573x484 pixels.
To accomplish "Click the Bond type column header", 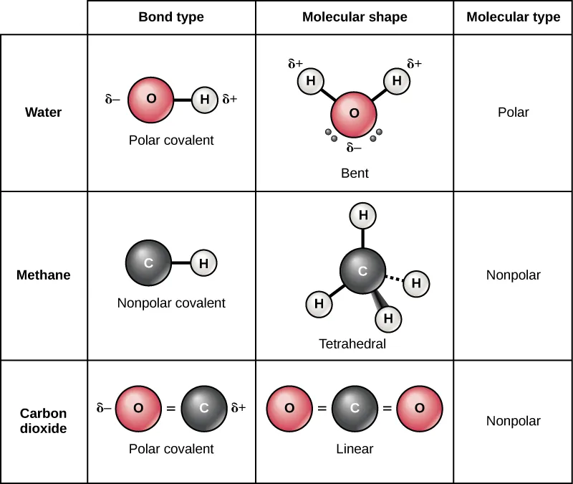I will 171,17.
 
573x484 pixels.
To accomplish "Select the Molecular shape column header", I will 355,17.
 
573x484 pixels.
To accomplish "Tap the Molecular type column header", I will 513,17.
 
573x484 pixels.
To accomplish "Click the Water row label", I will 44,113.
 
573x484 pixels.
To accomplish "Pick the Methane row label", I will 44,275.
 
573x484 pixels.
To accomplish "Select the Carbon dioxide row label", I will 44,421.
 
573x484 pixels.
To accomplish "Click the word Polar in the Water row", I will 513,113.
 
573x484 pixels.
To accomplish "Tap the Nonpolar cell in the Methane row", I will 513,275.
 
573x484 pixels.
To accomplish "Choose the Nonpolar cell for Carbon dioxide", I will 513,421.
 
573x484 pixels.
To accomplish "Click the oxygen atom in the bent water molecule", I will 354,114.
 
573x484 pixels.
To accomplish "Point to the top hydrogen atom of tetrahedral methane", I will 363,215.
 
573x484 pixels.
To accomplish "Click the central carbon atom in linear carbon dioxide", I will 355,409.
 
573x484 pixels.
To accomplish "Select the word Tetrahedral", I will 352,344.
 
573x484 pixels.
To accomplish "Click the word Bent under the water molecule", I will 355,174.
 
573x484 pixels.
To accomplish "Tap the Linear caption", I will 355,450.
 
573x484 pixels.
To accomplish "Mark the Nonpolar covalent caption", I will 171,303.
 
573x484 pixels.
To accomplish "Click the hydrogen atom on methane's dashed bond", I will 415,283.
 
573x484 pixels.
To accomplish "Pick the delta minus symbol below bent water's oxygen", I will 354,148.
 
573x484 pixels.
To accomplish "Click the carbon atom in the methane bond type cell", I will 148,263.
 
